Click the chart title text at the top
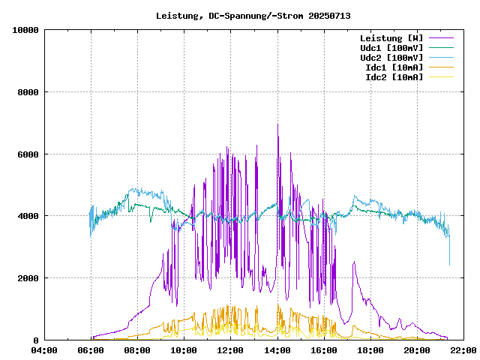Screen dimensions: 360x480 coord(253,16)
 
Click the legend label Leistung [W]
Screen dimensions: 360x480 coord(391,38)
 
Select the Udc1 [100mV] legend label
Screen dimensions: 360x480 coord(391,48)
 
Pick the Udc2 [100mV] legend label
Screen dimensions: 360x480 coord(391,58)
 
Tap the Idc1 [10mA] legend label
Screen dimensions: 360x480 coord(394,67)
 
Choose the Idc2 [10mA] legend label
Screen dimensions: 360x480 coord(394,77)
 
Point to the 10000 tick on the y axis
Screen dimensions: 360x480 coord(25,30)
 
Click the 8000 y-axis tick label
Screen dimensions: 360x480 coord(28,92)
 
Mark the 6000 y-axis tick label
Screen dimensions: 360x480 coord(28,154)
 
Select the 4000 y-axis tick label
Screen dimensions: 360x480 coord(28,216)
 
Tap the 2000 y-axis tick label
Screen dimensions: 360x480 coord(28,278)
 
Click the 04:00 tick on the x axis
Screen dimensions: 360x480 coord(44,350)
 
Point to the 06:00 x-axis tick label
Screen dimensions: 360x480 coord(91,350)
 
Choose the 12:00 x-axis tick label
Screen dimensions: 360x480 coord(231,350)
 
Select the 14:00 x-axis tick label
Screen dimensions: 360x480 coord(277,350)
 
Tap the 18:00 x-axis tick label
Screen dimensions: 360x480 coord(370,350)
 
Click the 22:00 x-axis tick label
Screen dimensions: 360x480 coord(463,350)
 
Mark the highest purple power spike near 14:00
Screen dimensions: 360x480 coord(277,125)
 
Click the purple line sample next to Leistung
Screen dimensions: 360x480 coord(441,38)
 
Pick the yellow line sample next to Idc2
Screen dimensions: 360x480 coord(441,77)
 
